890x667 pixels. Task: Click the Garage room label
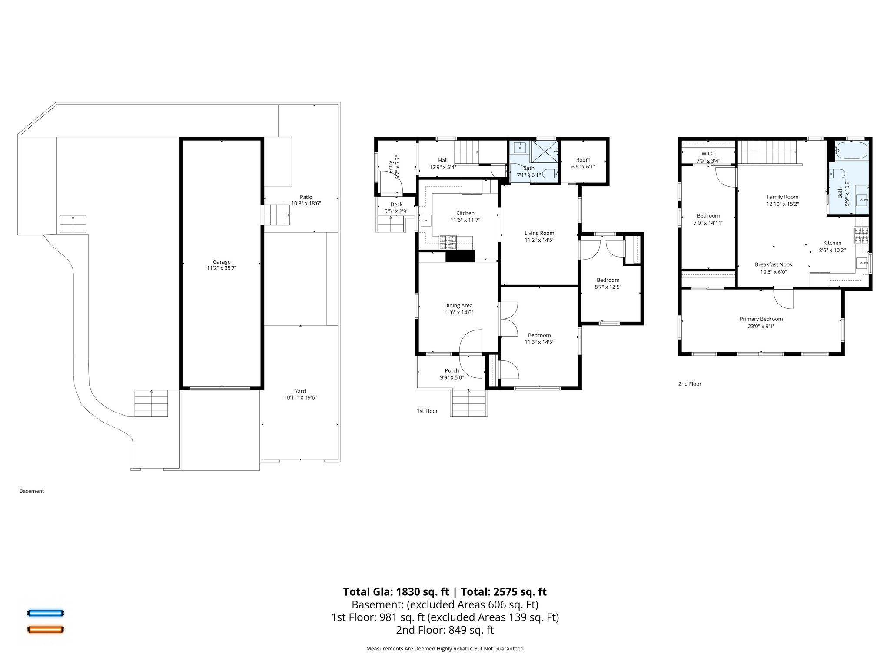pos(222,262)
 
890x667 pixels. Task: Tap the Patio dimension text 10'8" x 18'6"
pos(306,203)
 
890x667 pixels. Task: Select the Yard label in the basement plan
pos(300,391)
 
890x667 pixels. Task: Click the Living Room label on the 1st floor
pos(539,233)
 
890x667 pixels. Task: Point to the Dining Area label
pos(458,305)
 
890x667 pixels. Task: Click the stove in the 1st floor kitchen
pos(448,242)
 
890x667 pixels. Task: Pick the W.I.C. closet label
pos(708,154)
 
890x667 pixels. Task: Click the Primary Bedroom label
pos(761,319)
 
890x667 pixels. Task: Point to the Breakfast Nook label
pos(774,264)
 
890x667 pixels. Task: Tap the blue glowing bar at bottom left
pos(46,613)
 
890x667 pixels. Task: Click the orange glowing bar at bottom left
pos(46,629)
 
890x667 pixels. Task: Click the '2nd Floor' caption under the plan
pos(690,384)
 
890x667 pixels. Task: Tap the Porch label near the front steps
pos(452,370)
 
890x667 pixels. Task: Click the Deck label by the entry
pos(396,205)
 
